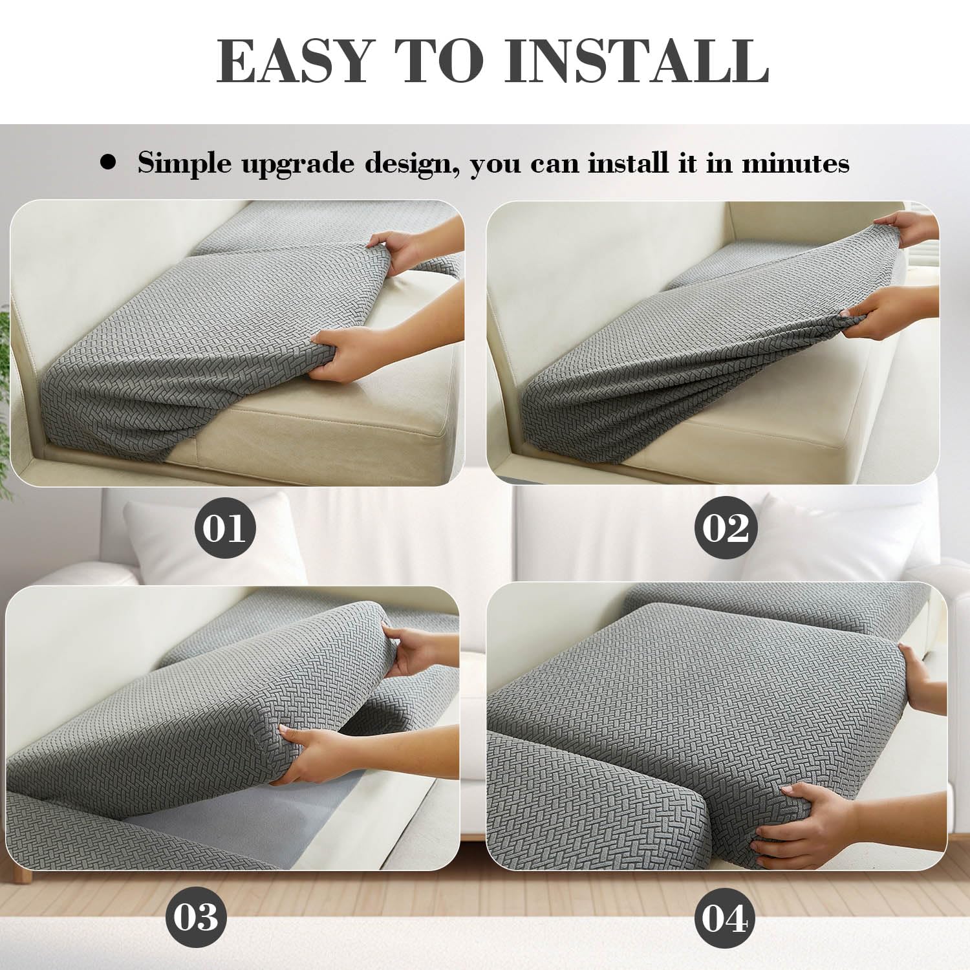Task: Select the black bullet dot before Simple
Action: [x=109, y=162]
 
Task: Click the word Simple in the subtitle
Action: [x=184, y=164]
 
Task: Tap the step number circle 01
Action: [x=225, y=528]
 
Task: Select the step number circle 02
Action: [x=726, y=528]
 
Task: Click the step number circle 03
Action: [x=195, y=918]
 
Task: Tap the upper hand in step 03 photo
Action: [x=414, y=650]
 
